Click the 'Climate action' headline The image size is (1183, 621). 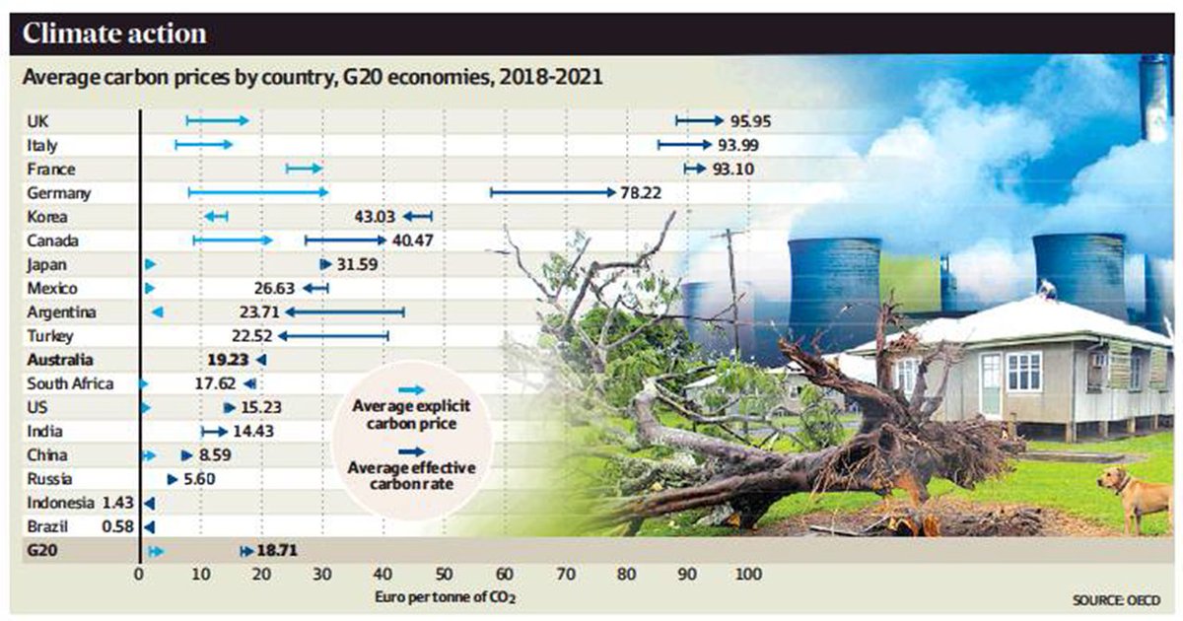tap(114, 34)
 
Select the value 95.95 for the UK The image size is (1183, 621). tap(749, 121)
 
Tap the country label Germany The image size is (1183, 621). tap(59, 193)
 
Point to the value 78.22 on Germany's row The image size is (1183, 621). tap(640, 193)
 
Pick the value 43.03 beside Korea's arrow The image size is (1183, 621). tap(376, 217)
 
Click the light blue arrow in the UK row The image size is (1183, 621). tap(218, 121)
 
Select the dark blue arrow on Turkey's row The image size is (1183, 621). tap(333, 337)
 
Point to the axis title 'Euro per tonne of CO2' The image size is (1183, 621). tap(445, 597)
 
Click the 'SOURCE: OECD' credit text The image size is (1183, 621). tap(1114, 599)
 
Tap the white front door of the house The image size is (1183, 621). tap(990, 384)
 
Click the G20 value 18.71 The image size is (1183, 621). tap(277, 552)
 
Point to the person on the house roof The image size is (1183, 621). tap(1046, 288)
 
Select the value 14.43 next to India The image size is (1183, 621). tap(252, 433)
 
